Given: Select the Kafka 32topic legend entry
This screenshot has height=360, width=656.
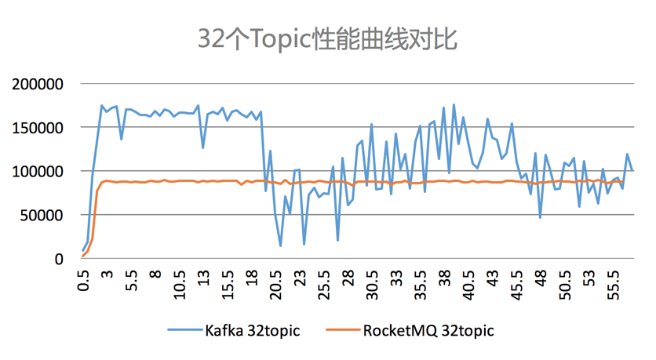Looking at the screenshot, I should (252, 330).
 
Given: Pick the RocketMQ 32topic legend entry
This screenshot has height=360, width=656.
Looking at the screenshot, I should (428, 330).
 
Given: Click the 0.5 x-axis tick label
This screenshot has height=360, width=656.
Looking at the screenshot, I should (83, 279).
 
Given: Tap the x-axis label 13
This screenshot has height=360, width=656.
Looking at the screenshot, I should (204, 276).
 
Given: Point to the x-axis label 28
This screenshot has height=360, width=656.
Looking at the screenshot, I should (348, 276).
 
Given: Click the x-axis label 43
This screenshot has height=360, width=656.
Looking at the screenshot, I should (493, 276).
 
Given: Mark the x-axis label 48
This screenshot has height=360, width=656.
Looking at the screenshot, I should (541, 276).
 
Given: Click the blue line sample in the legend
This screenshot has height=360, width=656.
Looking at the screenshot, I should (183, 330).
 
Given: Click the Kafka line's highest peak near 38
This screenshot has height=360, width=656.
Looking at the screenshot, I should (454, 104).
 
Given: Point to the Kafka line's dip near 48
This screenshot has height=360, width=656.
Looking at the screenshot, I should (541, 217).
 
